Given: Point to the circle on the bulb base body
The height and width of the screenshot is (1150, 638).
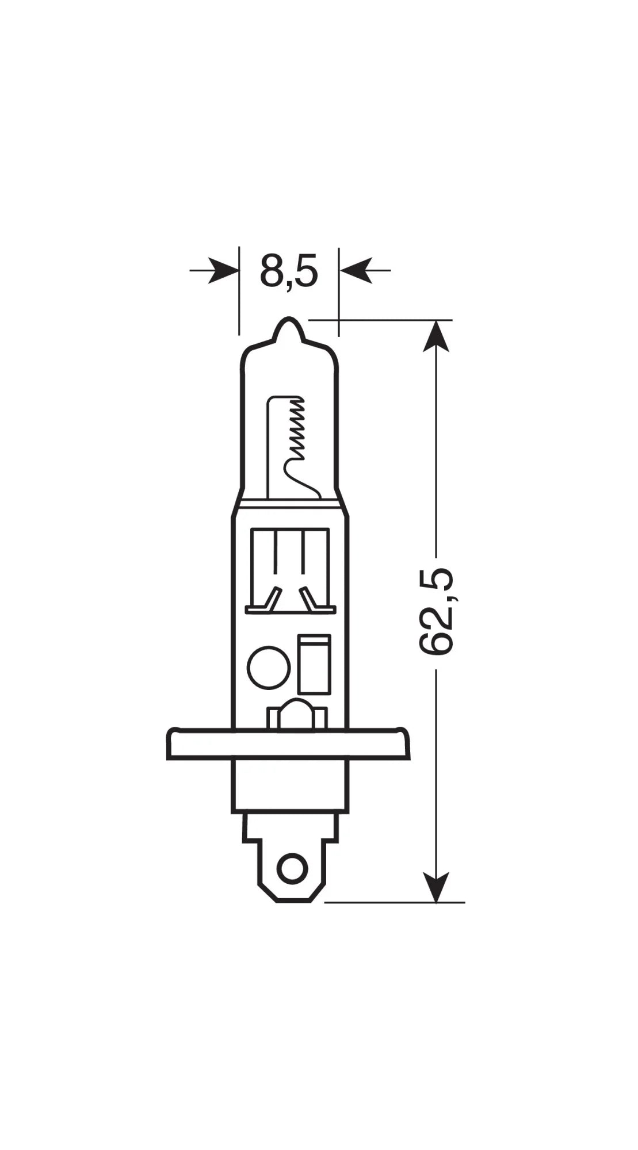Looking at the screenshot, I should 268,666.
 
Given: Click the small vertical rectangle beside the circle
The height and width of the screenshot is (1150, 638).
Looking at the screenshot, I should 315,664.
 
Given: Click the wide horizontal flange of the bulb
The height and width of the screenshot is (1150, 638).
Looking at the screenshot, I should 288,743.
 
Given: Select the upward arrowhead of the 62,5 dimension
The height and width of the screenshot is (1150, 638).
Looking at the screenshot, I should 436,336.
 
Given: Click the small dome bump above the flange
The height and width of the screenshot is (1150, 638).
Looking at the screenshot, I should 295,712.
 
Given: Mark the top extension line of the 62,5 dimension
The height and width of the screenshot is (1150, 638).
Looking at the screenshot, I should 380,320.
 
